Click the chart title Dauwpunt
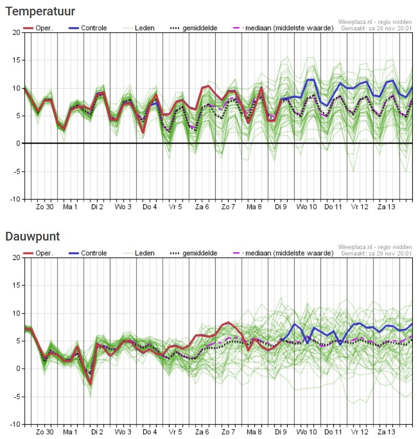tap(33, 236)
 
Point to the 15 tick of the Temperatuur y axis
tap(15, 60)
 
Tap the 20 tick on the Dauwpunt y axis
tap(15, 257)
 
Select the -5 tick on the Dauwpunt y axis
tap(15, 396)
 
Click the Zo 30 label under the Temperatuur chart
tap(44, 207)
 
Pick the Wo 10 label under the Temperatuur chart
tap(306, 207)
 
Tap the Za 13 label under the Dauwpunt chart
tap(386, 432)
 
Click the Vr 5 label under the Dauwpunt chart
tap(175, 432)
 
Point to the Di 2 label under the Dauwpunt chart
tap(97, 432)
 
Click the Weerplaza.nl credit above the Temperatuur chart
tap(375, 22)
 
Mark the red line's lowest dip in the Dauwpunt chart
tap(90, 384)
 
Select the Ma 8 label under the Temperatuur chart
tap(254, 207)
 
